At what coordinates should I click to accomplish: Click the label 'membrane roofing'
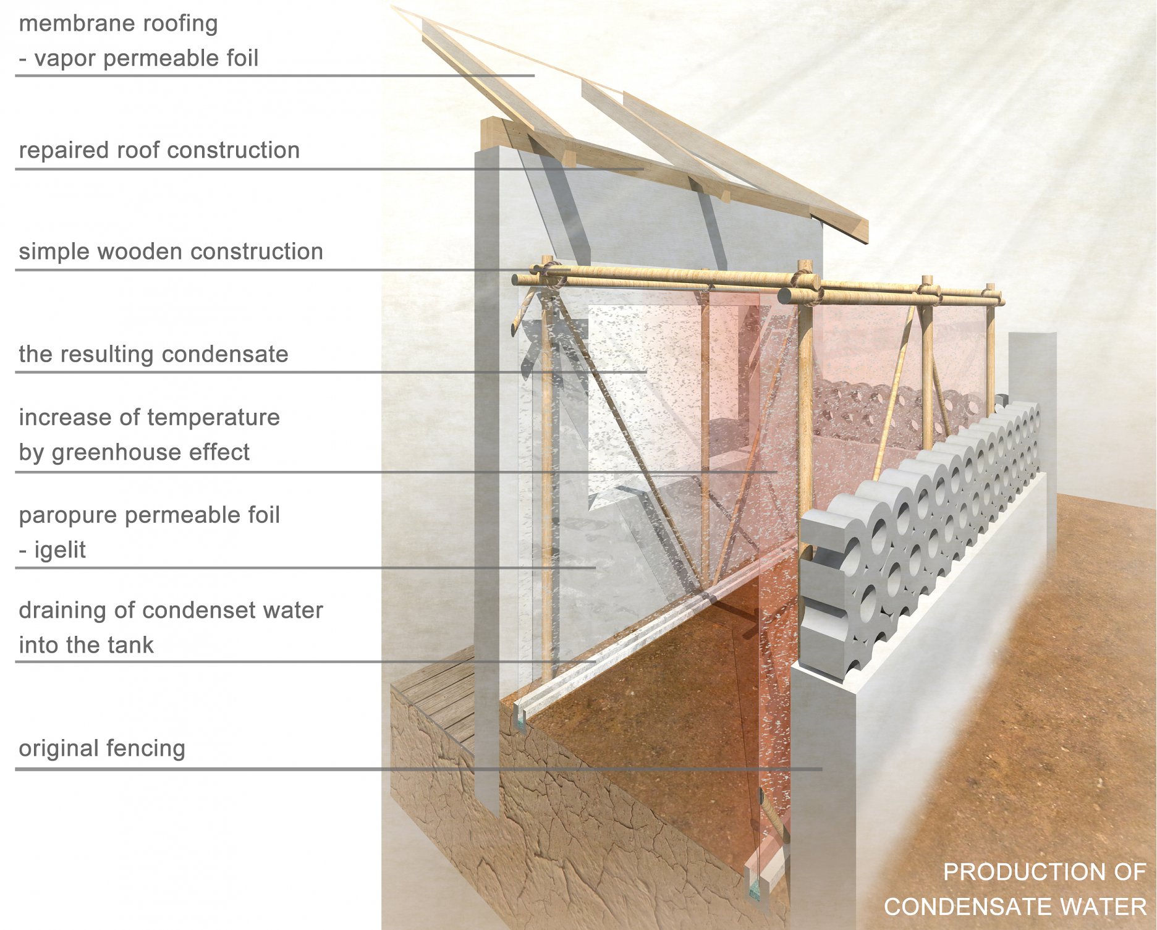[118, 24]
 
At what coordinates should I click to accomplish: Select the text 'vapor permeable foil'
[146, 59]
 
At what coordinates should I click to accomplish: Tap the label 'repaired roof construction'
[159, 150]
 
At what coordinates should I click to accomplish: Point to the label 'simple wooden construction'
[171, 252]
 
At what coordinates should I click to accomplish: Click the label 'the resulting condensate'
[153, 354]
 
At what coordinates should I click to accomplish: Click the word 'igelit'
[60, 550]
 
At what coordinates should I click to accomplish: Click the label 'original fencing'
[102, 748]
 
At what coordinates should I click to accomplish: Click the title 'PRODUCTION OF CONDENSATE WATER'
[1015, 889]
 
